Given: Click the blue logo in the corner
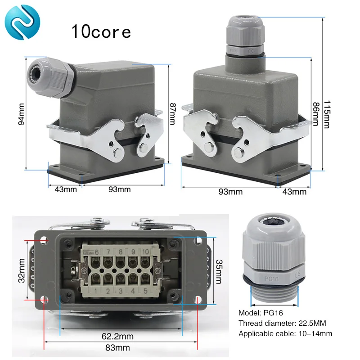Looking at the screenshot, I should pyautogui.click(x=22, y=22).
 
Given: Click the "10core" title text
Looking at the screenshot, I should pyautogui.click(x=101, y=31).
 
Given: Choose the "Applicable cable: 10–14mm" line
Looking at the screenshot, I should pyautogui.click(x=285, y=333).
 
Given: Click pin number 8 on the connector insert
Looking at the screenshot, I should pyautogui.click(x=120, y=252).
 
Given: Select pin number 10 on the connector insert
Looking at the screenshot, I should pyautogui.click(x=145, y=252).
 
